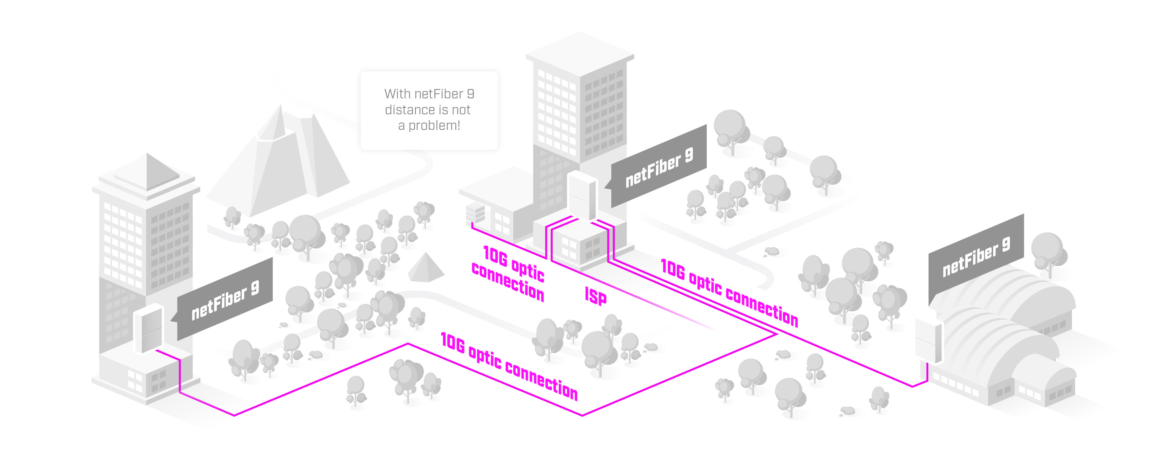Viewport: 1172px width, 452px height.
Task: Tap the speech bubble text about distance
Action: point(429,110)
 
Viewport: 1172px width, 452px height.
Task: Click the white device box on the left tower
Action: point(148,328)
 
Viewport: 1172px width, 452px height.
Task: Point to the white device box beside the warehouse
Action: point(928,340)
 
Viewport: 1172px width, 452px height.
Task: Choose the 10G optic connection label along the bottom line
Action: point(509,366)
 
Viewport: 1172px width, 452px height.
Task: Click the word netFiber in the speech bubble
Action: point(439,94)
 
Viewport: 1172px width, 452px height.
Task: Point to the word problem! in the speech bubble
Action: point(434,126)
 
